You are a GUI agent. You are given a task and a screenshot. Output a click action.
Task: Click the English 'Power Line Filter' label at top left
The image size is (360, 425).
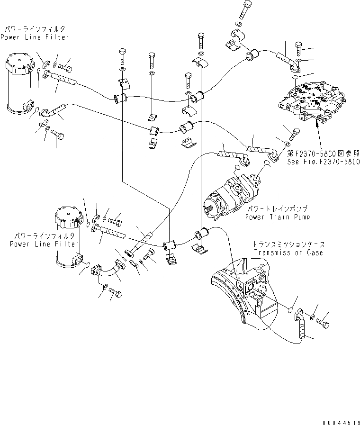tap(34, 37)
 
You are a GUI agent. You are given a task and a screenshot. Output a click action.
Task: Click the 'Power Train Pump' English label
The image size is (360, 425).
tap(277, 217)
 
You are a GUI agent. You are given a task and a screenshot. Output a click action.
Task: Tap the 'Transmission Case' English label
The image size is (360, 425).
tap(288, 253)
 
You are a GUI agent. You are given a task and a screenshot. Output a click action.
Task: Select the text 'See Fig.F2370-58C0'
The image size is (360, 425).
tap(323, 161)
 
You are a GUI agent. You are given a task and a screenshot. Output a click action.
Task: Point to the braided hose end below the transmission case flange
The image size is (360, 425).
tap(303, 330)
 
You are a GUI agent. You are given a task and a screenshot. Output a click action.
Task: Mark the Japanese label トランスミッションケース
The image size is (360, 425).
tap(288, 245)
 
